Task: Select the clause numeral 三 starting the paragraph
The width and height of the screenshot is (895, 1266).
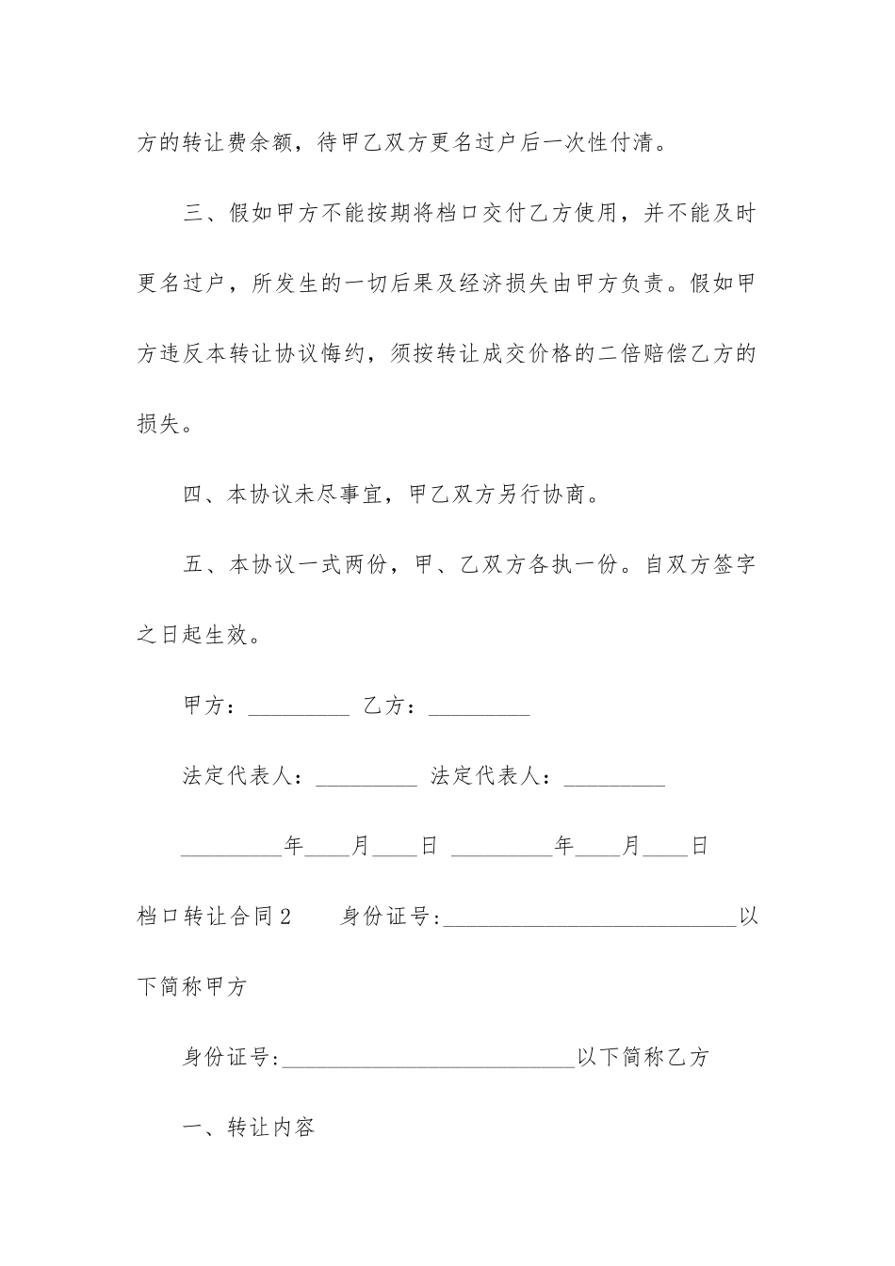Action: [193, 214]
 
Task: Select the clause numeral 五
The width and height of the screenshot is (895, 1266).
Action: [193, 565]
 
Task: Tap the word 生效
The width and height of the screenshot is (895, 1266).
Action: [229, 635]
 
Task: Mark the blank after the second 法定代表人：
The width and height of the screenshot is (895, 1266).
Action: [614, 779]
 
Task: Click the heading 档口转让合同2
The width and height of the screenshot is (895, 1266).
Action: [217, 916]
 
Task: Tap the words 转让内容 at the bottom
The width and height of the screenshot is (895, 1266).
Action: [273, 1127]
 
